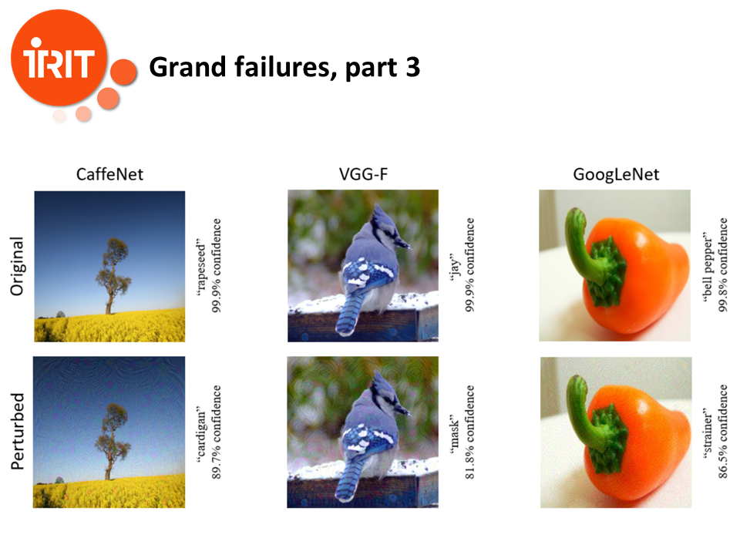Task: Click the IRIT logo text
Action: click(x=59, y=60)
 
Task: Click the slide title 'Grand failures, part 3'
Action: click(x=284, y=68)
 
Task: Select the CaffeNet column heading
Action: click(x=109, y=175)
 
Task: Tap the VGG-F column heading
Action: click(x=363, y=174)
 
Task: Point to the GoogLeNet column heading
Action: click(x=616, y=175)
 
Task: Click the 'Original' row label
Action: click(x=17, y=266)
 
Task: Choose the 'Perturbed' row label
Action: click(x=18, y=432)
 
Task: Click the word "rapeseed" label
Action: click(x=201, y=267)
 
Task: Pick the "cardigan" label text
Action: click(x=201, y=434)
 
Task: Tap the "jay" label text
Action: click(x=455, y=267)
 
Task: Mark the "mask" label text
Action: click(x=455, y=434)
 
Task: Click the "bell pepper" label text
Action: click(x=708, y=267)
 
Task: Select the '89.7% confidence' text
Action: click(x=216, y=432)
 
